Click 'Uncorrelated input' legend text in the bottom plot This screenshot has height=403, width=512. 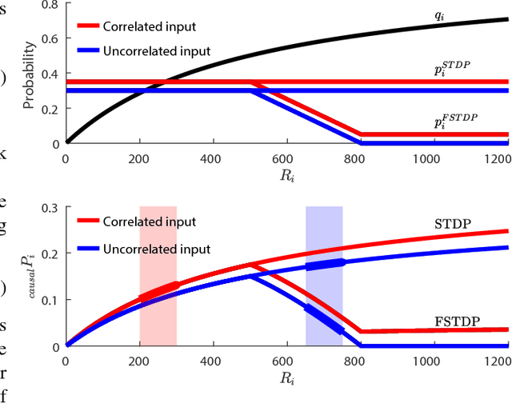click(x=157, y=249)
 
